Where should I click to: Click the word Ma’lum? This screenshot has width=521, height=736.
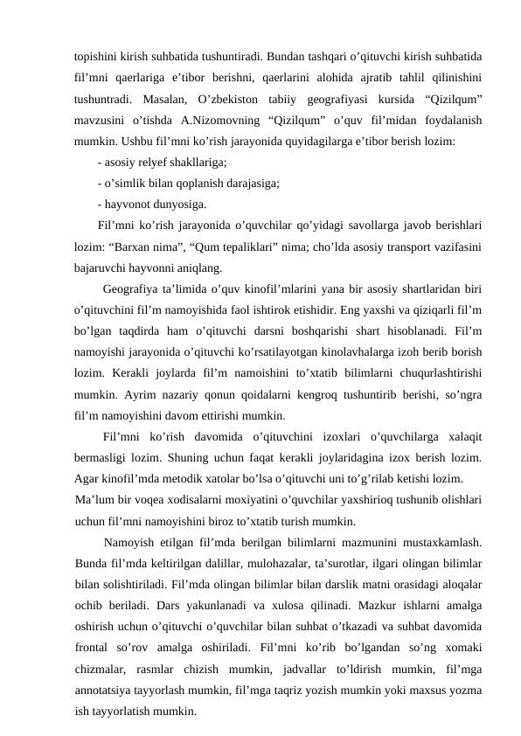95,501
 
